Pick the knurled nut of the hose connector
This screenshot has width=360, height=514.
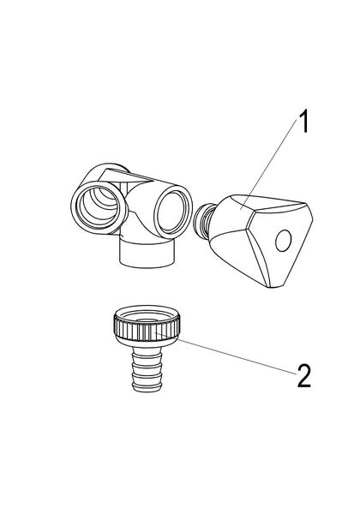click(x=147, y=330)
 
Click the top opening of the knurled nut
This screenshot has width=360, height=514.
click(x=147, y=318)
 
